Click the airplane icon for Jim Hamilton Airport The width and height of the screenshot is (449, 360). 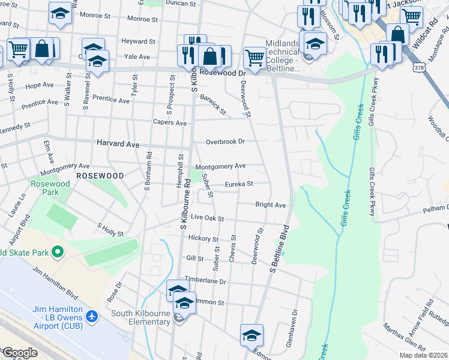point(92,316)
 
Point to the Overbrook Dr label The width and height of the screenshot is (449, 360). point(226,142)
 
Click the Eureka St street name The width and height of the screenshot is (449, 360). point(239,184)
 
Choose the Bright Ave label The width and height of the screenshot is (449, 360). point(270,205)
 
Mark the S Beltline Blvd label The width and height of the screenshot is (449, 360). point(279,249)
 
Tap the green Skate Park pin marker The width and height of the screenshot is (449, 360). point(57,252)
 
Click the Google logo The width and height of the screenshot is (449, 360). point(19,352)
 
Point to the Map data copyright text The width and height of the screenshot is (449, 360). point(423,355)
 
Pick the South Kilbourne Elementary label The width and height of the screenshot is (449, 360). point(140,317)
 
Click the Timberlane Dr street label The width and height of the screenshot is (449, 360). point(205,281)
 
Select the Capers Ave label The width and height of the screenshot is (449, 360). point(171,123)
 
